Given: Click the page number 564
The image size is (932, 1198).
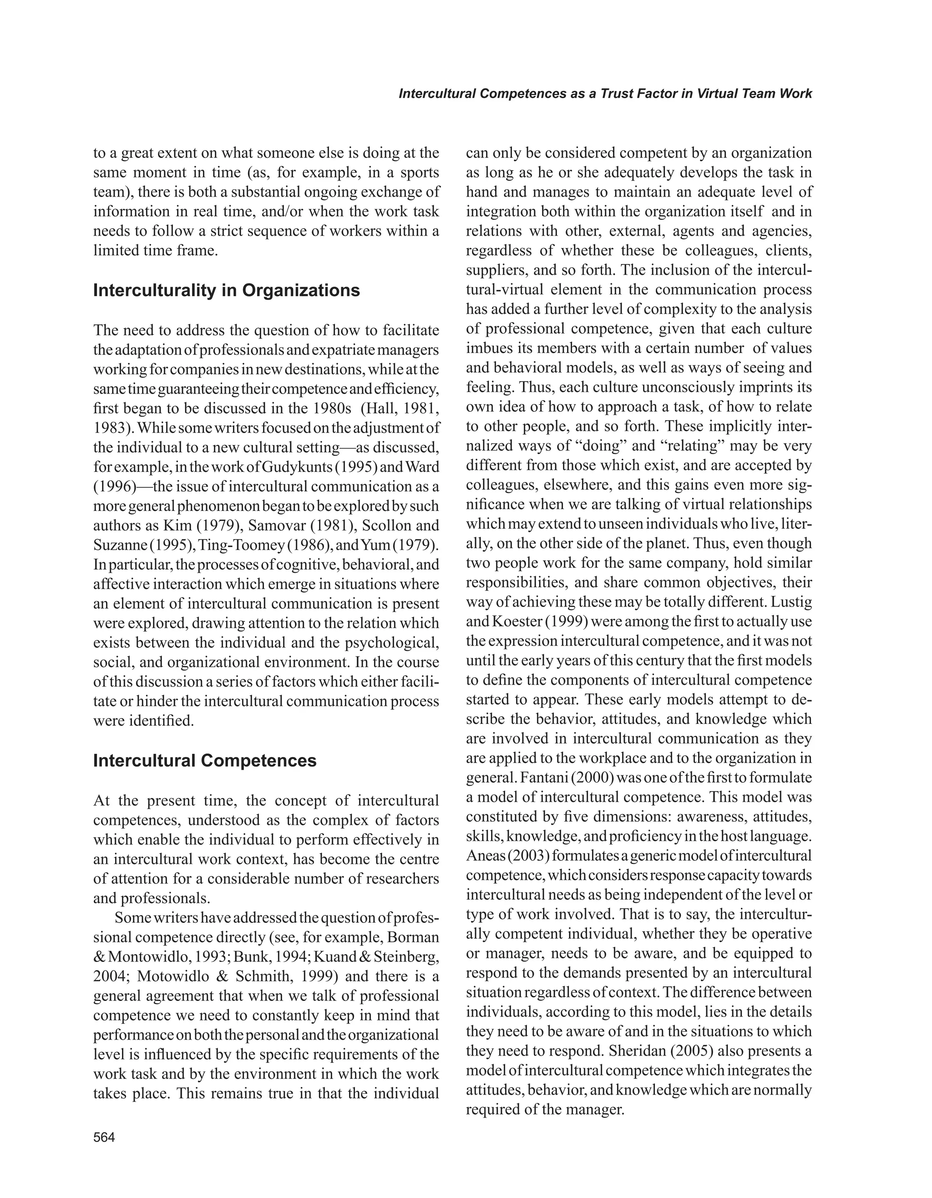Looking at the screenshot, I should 104,1137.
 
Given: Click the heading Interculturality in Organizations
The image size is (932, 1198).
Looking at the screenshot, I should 227,290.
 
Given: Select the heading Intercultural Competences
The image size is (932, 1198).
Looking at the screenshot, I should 205,761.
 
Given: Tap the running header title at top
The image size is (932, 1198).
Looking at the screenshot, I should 605,94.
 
